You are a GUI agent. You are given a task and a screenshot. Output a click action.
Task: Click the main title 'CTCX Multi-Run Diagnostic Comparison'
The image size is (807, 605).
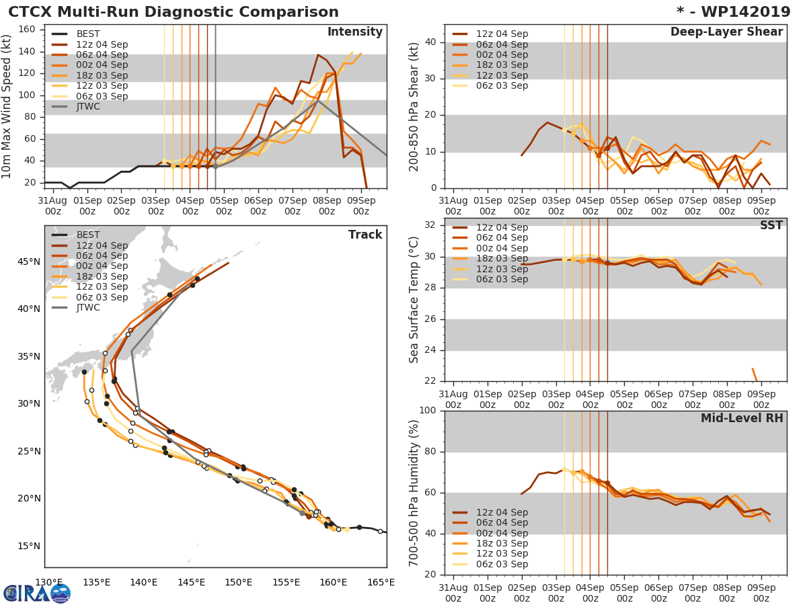[x=174, y=12]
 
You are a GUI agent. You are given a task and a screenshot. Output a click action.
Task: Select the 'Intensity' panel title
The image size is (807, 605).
[x=354, y=32]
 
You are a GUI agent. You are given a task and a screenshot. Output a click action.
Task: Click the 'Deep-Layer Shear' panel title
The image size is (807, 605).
[x=726, y=32]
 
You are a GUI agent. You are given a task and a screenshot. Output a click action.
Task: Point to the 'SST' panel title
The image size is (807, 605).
[x=771, y=225]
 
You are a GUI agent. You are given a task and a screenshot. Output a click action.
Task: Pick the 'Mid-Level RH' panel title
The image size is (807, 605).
[x=742, y=419]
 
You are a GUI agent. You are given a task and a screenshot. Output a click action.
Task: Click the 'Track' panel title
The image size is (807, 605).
[x=365, y=235]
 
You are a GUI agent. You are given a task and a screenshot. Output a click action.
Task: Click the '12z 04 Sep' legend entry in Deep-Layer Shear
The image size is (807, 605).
[x=502, y=34]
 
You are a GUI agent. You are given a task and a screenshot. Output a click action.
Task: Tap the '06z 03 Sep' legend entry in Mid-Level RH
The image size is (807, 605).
[x=502, y=564]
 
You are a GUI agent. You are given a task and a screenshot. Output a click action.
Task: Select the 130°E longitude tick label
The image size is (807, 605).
[x=48, y=582]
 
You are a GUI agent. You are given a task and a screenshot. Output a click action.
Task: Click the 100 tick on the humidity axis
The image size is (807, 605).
[x=427, y=411]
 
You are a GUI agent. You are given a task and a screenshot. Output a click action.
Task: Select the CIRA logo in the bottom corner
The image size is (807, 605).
[x=36, y=593]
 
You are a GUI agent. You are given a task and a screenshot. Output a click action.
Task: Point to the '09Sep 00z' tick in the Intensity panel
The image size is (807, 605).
[x=360, y=205]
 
